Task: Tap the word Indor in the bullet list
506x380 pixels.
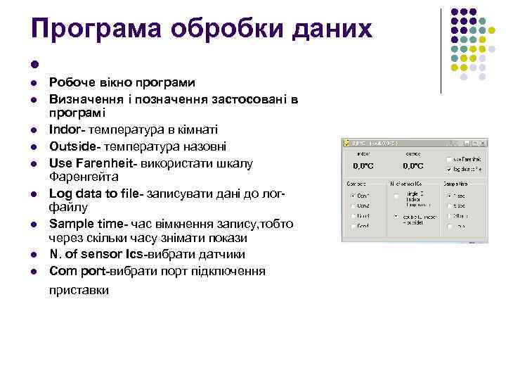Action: pyautogui.click(x=64, y=129)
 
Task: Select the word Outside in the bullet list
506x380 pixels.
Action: pyautogui.click(x=71, y=146)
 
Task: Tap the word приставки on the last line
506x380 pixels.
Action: pyautogui.click(x=79, y=289)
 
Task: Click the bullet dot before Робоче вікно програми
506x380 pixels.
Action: pyautogui.click(x=33, y=82)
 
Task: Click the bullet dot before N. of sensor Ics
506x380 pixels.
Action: pyautogui.click(x=33, y=254)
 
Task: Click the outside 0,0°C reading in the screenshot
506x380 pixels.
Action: pyautogui.click(x=413, y=166)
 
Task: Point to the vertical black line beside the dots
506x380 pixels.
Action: pyautogui.click(x=441, y=51)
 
